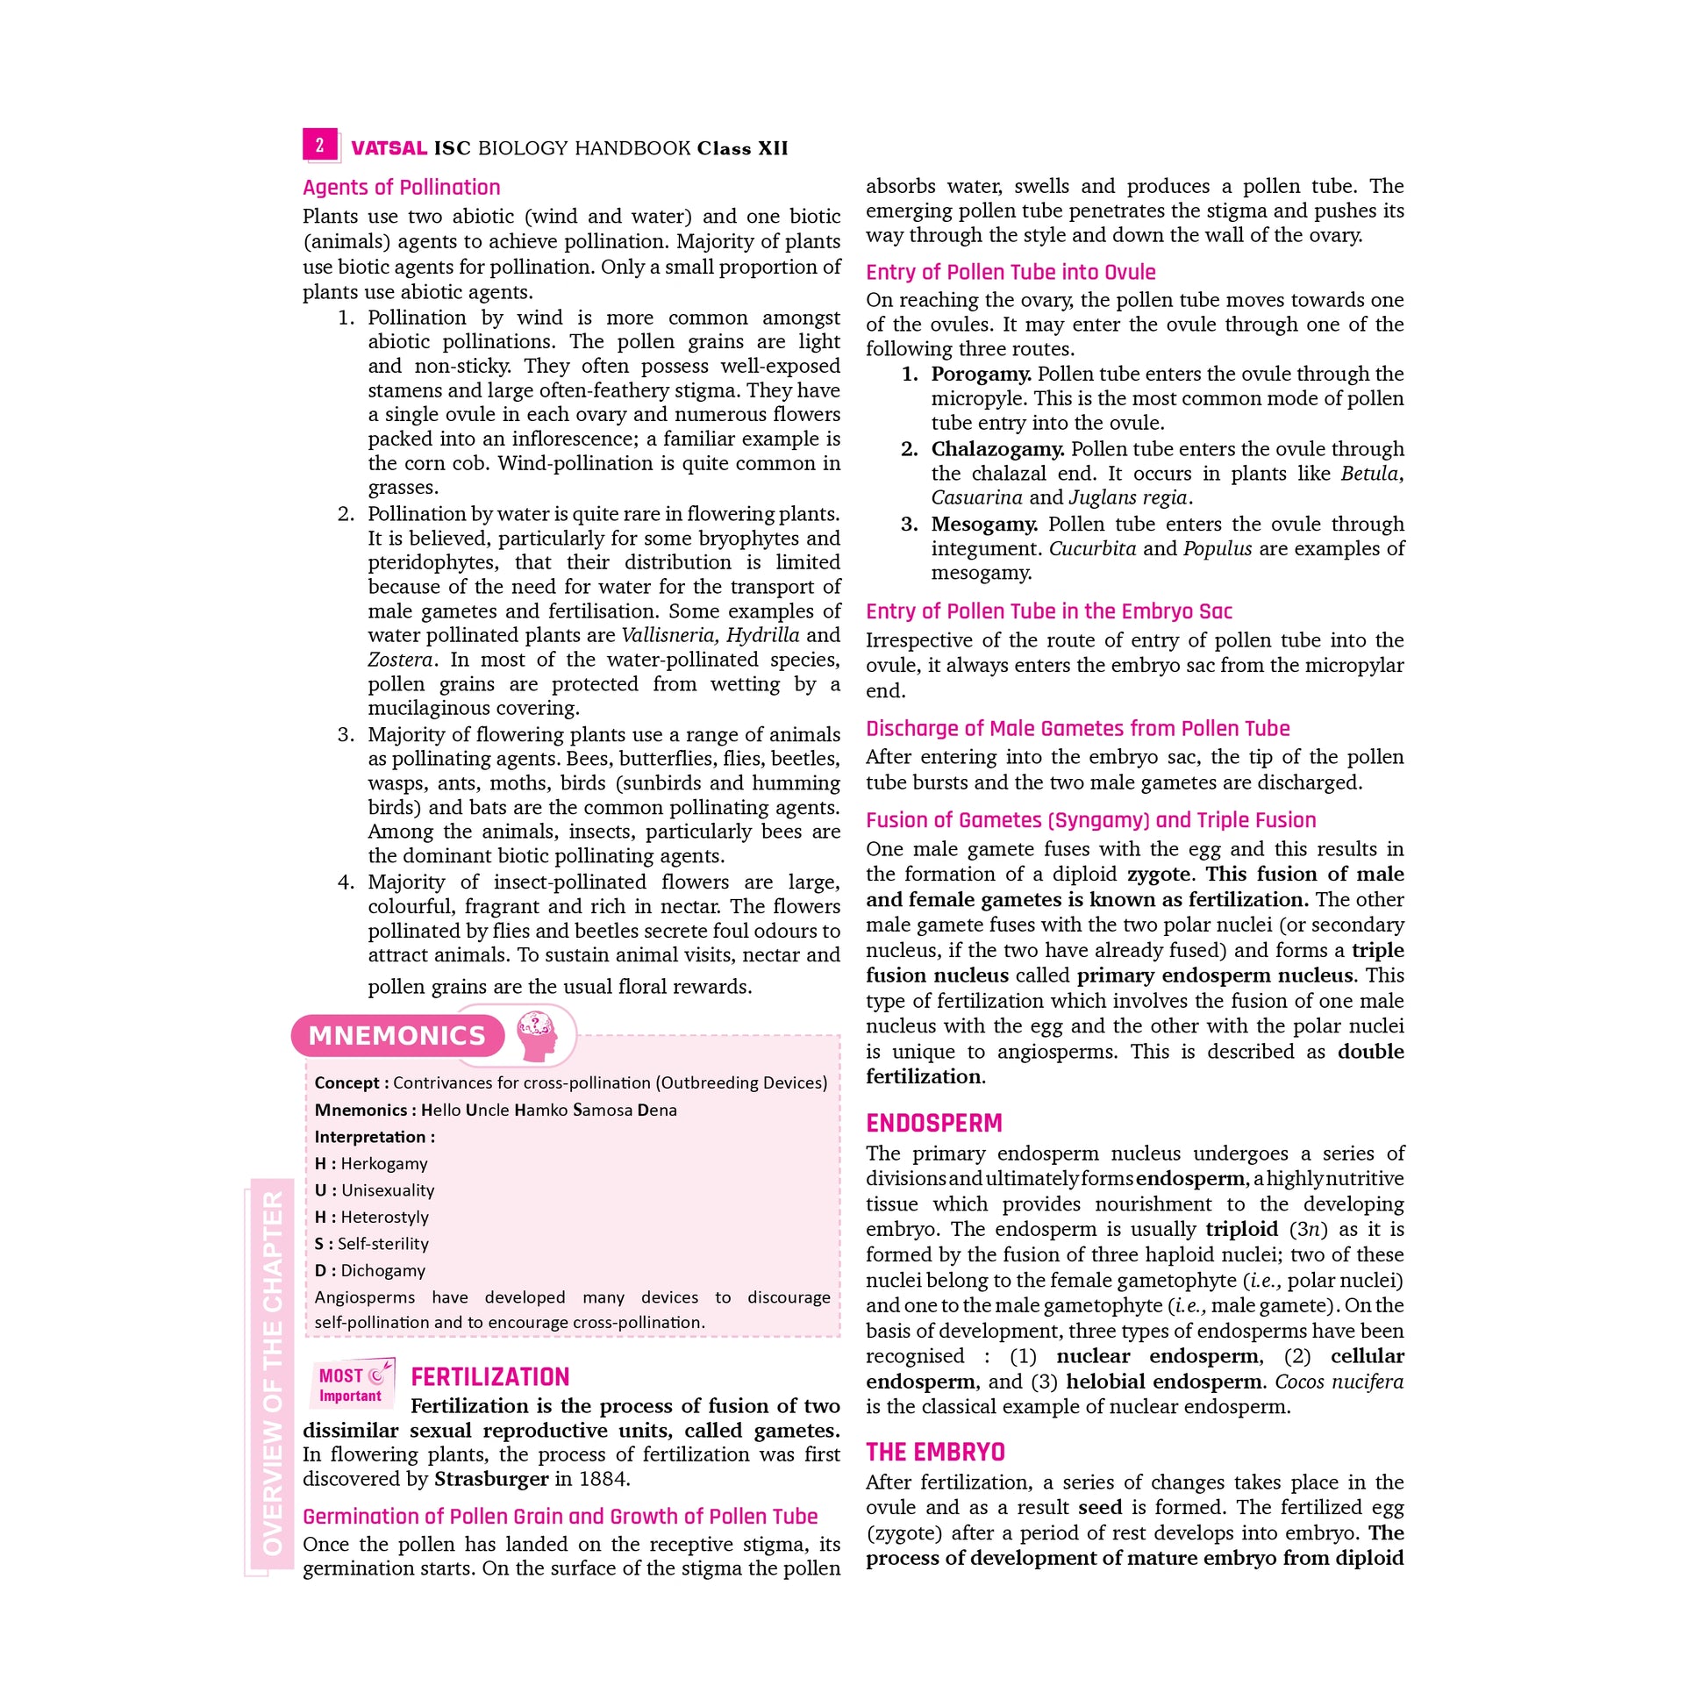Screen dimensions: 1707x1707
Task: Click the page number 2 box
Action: (x=320, y=145)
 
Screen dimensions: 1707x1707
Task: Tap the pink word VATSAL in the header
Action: (x=389, y=148)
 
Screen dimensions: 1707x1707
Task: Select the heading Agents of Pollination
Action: (x=401, y=188)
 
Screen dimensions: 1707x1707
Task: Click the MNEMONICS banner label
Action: (x=396, y=1035)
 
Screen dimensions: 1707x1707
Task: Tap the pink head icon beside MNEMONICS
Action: (x=537, y=1034)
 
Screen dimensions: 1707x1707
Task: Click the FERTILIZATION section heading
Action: (x=489, y=1377)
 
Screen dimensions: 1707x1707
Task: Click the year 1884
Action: (x=604, y=1479)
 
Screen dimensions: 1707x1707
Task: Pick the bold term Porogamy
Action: (x=981, y=375)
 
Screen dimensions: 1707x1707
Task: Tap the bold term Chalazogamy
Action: (x=996, y=449)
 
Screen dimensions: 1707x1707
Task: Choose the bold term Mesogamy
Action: (x=984, y=524)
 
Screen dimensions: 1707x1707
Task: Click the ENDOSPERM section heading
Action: (x=934, y=1123)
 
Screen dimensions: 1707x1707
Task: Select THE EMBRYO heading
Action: (x=935, y=1453)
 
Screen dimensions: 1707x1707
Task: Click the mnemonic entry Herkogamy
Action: (x=383, y=1164)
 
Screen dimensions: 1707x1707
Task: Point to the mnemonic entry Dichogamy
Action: (x=382, y=1270)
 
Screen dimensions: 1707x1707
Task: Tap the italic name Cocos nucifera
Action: (x=1339, y=1382)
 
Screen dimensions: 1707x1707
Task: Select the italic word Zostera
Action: (x=400, y=660)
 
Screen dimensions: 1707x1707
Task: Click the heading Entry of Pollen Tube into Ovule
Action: (x=1010, y=272)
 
